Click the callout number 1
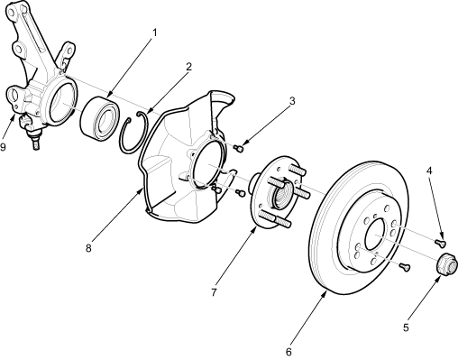[x=155, y=32]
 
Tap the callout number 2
[x=188, y=67]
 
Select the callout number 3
[x=292, y=101]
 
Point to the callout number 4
[x=429, y=171]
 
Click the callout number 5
[x=406, y=328]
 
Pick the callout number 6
[x=289, y=352]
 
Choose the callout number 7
[x=214, y=292]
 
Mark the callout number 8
[x=88, y=248]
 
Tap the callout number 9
[x=3, y=147]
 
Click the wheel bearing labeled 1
[x=100, y=118]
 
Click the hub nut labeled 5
[x=446, y=263]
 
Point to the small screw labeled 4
[x=440, y=242]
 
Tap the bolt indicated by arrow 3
[x=238, y=148]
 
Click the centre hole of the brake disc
[x=375, y=234]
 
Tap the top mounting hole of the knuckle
[x=12, y=12]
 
